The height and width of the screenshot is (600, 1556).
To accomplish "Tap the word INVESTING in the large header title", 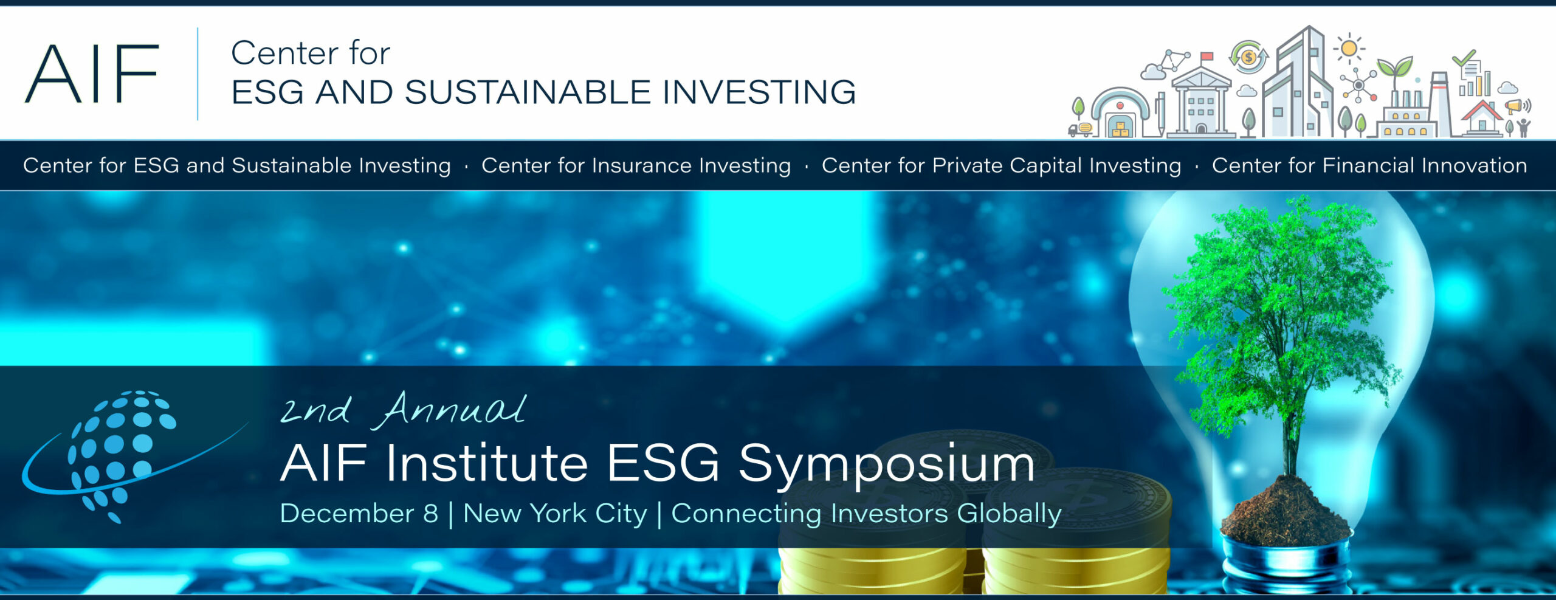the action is coord(759,92).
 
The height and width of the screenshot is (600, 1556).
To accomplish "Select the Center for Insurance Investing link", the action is coord(636,165).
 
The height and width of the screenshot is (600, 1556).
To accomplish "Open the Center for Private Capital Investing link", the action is coord(1001,165).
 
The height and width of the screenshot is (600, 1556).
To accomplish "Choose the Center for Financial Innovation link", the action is coord(1369,165).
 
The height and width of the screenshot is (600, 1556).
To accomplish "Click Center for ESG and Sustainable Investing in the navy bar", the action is coord(237,165).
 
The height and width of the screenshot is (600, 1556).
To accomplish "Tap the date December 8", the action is coord(359,514).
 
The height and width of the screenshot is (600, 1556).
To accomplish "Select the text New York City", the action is coord(555,514).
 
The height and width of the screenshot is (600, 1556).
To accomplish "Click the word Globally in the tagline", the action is coord(1009,514).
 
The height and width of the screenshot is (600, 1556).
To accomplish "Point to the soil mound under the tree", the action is coord(1286,511).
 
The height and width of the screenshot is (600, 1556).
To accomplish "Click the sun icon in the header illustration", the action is coord(1349,49).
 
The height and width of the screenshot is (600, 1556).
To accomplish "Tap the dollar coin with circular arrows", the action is coord(1248,57).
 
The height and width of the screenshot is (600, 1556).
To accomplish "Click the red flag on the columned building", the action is coord(1207,57).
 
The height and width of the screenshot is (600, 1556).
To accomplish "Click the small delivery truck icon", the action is coord(1080,129).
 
